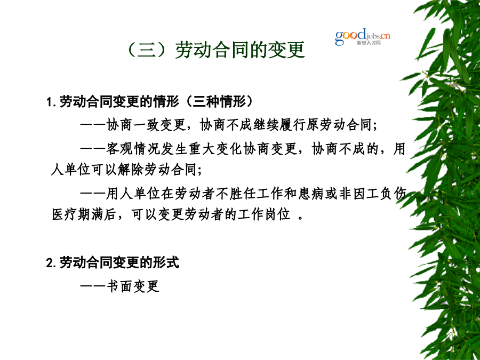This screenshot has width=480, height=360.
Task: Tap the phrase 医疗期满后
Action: [84, 214]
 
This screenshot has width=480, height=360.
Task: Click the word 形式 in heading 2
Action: [166, 262]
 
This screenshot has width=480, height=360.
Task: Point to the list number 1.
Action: [49, 102]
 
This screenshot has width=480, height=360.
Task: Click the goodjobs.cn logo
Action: [363, 37]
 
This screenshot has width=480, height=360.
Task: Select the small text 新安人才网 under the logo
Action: [369, 43]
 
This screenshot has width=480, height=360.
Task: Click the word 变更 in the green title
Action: [286, 50]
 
